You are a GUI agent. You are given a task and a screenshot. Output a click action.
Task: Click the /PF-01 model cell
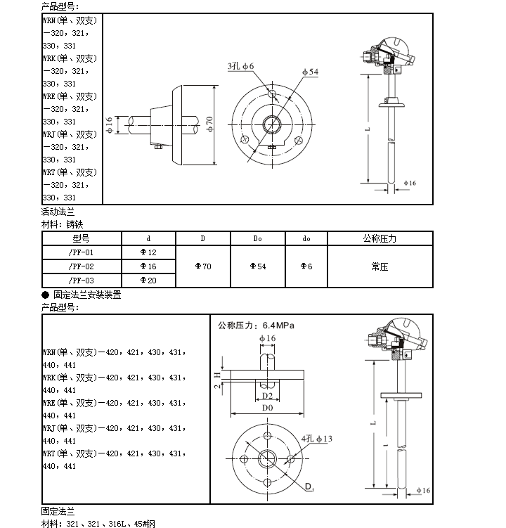pyautogui.click(x=81, y=252)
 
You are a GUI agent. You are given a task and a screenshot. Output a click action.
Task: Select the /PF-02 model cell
pyautogui.click(x=81, y=266)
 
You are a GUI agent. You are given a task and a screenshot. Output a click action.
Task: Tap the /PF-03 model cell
pyautogui.click(x=81, y=281)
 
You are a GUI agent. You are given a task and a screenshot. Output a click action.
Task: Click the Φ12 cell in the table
pyautogui.click(x=148, y=252)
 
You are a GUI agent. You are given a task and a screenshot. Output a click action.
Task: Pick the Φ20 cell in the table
pyautogui.click(x=148, y=281)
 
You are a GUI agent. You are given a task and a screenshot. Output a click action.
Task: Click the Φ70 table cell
pyautogui.click(x=202, y=266)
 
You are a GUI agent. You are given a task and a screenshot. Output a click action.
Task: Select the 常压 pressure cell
pyautogui.click(x=379, y=266)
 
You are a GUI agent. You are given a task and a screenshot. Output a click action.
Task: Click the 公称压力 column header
pyautogui.click(x=379, y=238)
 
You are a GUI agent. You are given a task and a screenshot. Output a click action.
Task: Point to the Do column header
pyautogui.click(x=258, y=238)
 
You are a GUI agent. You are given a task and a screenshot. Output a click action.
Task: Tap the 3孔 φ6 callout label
pyautogui.click(x=240, y=66)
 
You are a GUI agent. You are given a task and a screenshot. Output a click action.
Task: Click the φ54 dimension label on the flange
pyautogui.click(x=310, y=72)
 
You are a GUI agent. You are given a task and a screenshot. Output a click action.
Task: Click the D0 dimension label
pyautogui.click(x=267, y=408)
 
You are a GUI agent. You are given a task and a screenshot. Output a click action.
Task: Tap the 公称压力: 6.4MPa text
pyautogui.click(x=256, y=326)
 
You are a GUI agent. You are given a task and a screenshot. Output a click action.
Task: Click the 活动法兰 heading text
pyautogui.click(x=58, y=211)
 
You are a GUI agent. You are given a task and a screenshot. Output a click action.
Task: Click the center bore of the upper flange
pyautogui.click(x=272, y=124)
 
